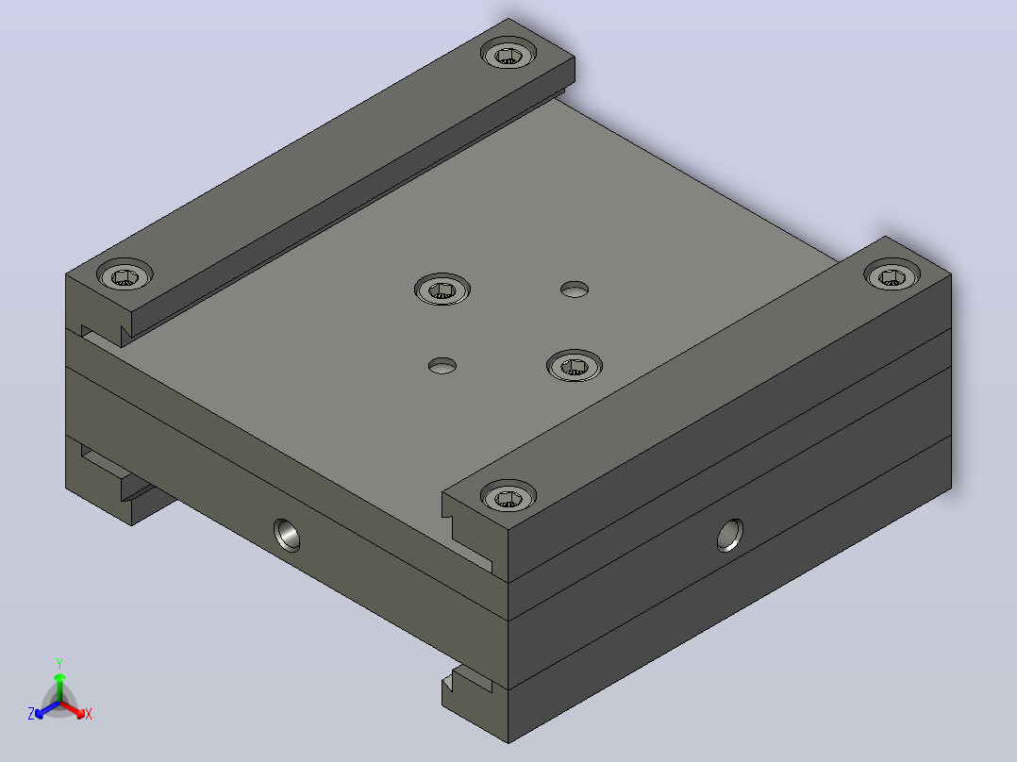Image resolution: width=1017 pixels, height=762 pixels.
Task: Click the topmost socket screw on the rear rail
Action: (x=508, y=53)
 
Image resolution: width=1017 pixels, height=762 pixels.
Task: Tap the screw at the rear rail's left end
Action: (x=125, y=275)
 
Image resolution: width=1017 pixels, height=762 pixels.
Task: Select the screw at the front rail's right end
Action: (x=892, y=274)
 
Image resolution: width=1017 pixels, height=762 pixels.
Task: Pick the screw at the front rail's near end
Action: (x=508, y=496)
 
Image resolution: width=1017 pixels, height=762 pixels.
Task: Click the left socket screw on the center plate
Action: (x=442, y=289)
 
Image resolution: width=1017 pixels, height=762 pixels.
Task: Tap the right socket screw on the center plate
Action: (x=575, y=365)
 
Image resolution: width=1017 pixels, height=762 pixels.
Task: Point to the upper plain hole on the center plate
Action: (x=575, y=290)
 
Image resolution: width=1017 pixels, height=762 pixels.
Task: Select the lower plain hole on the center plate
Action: (x=442, y=366)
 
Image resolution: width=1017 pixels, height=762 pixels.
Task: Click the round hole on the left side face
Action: (x=287, y=535)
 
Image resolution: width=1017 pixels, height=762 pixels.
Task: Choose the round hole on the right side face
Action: (x=729, y=536)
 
